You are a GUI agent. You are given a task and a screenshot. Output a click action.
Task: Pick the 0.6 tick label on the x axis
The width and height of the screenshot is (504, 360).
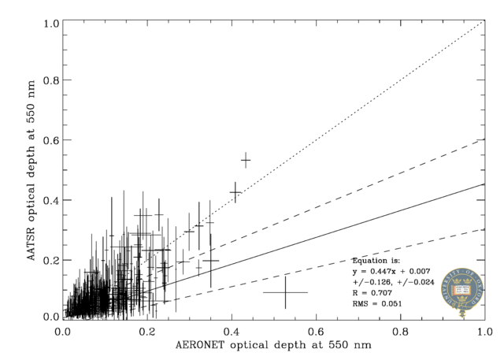click(x=315, y=331)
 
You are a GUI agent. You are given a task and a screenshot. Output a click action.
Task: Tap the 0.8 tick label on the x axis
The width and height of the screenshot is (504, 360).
click(x=399, y=331)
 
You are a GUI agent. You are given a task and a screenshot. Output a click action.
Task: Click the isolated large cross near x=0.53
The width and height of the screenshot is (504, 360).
click(x=285, y=292)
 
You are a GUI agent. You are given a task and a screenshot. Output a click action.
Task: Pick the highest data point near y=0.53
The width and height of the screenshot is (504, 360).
click(x=246, y=160)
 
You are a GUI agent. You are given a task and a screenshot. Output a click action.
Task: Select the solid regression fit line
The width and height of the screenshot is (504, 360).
click(x=354, y=229)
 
